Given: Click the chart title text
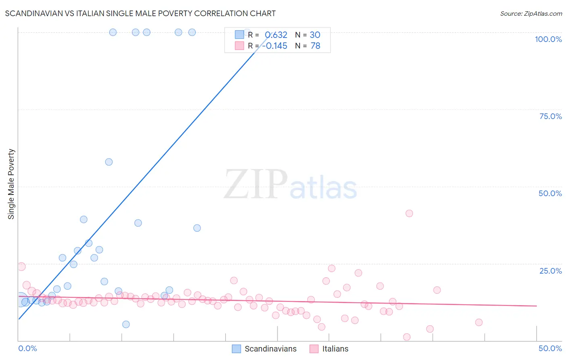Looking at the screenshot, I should click(140, 13).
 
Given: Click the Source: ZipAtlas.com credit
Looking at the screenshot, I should click(531, 14).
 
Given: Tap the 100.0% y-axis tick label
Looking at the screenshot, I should click(548, 39).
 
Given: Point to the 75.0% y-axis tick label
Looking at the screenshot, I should click(550, 116).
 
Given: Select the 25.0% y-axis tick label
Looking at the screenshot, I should click(550, 271).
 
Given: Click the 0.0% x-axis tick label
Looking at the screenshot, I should click(27, 348).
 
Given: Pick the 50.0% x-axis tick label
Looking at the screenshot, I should click(550, 348).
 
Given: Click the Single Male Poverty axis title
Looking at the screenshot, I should click(11, 184).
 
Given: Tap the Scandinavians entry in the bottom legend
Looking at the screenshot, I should click(270, 349).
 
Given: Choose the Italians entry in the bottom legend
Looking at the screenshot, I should click(335, 349).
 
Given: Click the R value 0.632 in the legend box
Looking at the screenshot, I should click(276, 35).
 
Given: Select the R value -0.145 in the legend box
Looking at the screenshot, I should click(275, 46).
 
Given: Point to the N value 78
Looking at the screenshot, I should click(315, 46).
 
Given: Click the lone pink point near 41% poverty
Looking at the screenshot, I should click(409, 213).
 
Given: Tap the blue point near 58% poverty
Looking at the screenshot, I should click(109, 162).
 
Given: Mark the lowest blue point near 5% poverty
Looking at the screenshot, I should click(126, 324).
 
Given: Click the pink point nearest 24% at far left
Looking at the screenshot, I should click(22, 266).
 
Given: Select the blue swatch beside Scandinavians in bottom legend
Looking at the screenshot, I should click(236, 349).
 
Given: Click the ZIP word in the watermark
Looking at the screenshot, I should click(255, 184).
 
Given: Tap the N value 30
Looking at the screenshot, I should click(315, 35).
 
